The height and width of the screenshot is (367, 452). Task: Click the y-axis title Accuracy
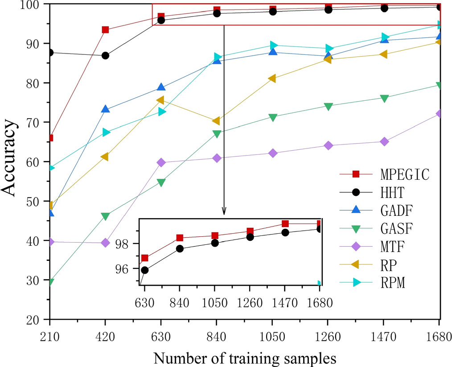coord(10,161)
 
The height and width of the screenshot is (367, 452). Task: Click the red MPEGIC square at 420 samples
coord(105,30)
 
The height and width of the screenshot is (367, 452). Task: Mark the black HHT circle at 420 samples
coord(105,56)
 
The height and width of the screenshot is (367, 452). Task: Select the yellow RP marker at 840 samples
coord(216,121)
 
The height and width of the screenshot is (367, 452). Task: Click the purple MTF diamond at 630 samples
coord(161,163)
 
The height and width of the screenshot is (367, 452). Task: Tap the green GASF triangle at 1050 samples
coord(272,117)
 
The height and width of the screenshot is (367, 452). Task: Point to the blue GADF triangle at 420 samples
coord(105,109)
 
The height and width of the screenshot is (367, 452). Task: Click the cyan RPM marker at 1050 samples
coord(273,45)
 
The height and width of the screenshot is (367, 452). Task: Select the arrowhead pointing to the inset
coord(224,211)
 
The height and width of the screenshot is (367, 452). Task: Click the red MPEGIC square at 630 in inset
coord(144,258)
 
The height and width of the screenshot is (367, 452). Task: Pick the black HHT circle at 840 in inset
coord(180,248)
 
